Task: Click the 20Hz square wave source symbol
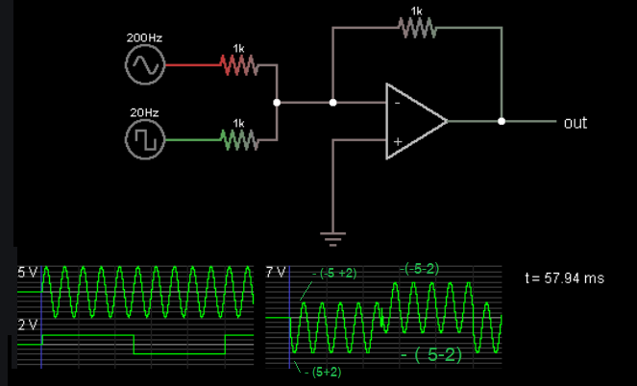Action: (145, 141)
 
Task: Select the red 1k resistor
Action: (238, 64)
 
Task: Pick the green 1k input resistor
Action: (238, 141)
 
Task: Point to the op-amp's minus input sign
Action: (396, 101)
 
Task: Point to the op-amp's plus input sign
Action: (396, 142)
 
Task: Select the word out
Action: (576, 123)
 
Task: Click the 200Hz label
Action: (144, 37)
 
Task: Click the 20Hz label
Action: (144, 113)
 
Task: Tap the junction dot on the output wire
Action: (502, 122)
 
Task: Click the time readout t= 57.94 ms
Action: (565, 277)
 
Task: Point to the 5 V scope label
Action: (27, 273)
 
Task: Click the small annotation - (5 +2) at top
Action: (333, 273)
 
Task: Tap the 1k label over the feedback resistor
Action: (416, 11)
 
